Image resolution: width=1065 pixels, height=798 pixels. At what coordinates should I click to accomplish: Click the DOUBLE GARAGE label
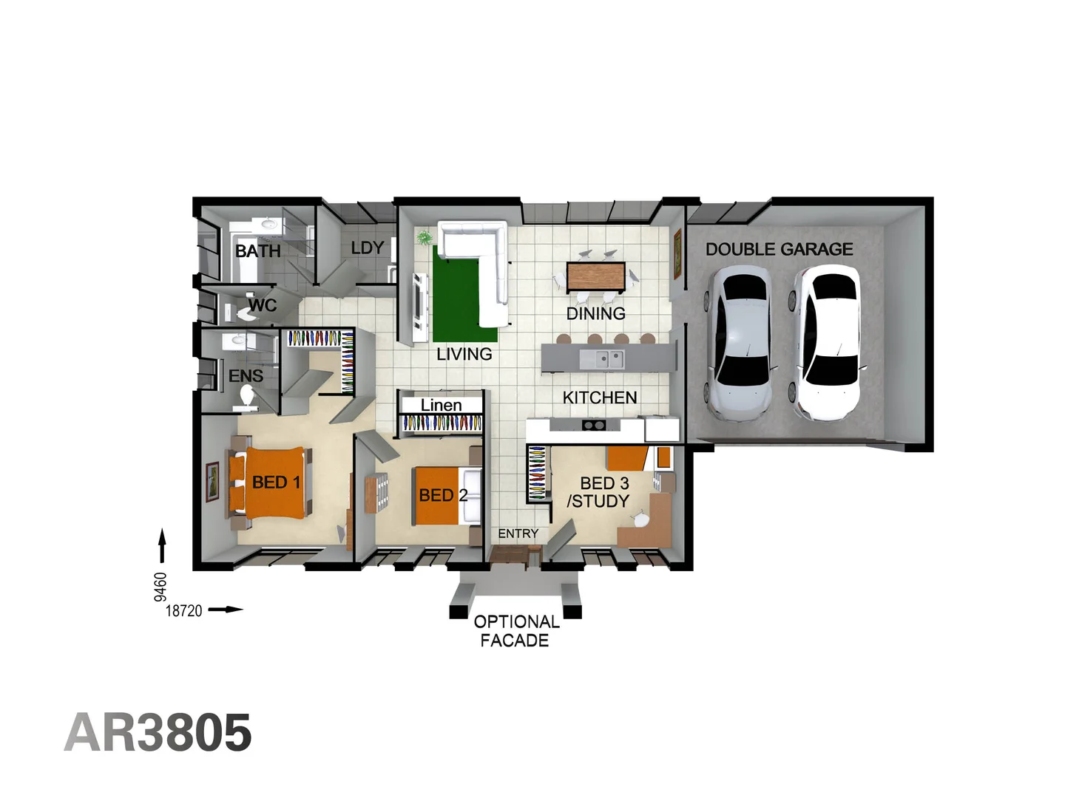click(x=779, y=250)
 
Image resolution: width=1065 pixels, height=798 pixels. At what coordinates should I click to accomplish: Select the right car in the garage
click(x=827, y=344)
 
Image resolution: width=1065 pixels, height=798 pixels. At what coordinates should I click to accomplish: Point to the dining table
click(x=595, y=277)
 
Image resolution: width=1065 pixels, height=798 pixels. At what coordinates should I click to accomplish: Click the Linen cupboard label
click(x=441, y=405)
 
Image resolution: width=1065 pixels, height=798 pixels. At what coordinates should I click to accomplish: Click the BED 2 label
click(x=442, y=495)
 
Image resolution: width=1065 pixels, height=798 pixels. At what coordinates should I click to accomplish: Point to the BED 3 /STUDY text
click(x=599, y=492)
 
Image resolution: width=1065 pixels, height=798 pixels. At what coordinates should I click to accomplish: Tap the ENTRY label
click(x=518, y=533)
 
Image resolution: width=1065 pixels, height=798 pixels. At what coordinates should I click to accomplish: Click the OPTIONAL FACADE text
click(x=515, y=631)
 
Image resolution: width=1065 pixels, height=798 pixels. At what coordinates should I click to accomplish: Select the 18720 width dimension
click(x=183, y=610)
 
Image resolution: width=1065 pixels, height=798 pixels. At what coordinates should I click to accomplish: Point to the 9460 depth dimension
click(x=160, y=586)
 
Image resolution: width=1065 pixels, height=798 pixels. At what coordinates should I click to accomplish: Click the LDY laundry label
click(x=367, y=248)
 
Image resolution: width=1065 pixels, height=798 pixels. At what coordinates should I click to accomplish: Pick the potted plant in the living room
click(x=424, y=238)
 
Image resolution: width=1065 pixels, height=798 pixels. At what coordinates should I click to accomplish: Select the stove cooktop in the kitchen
click(x=593, y=425)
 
